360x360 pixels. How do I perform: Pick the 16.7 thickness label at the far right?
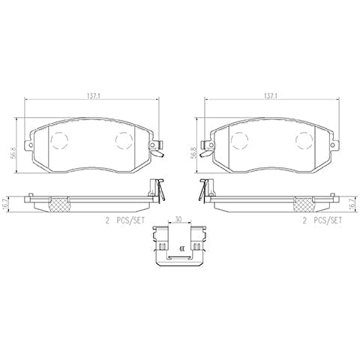click(352, 202)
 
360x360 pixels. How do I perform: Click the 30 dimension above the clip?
click(178, 219)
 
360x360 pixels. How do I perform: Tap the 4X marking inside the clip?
click(181, 249)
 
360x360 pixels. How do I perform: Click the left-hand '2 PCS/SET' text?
click(125, 220)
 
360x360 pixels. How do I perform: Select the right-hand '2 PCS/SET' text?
click(322, 220)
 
